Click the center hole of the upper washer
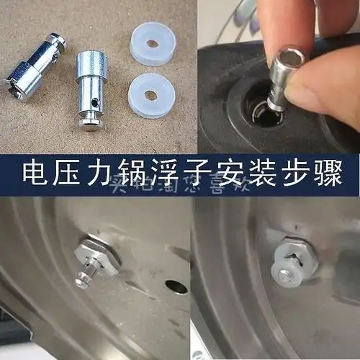coord(152,42)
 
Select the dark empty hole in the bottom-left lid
coord(176,287)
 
